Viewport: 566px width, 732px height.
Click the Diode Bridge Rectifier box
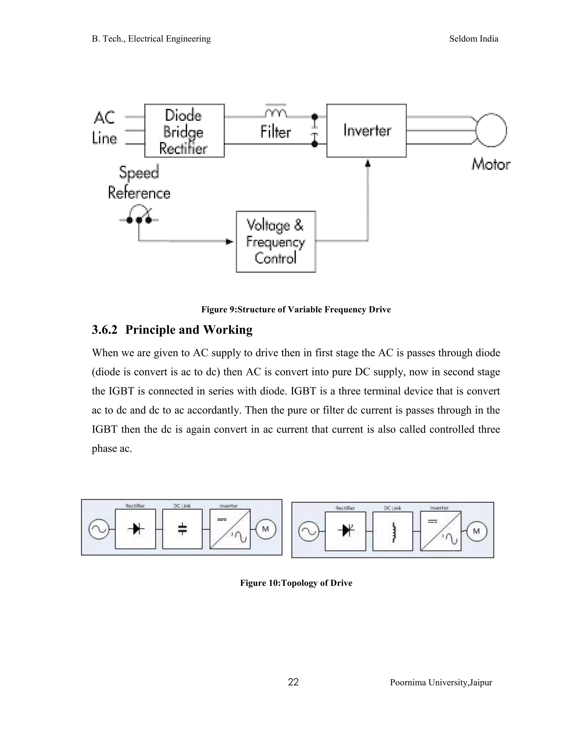click(184, 131)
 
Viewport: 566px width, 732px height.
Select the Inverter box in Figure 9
click(366, 131)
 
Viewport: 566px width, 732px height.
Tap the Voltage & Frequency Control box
click(276, 242)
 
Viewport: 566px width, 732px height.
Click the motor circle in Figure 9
click(491, 130)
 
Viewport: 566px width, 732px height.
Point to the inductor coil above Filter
click(276, 113)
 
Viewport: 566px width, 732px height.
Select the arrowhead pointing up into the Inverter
click(368, 163)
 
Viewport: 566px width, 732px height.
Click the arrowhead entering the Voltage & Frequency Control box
click(230, 242)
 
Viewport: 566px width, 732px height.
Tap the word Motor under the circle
click(491, 165)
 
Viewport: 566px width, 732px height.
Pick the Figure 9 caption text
click(296, 309)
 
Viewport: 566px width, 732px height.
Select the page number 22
click(293, 682)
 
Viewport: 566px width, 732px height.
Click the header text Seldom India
click(473, 39)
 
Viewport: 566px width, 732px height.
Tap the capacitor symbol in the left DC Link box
click(182, 529)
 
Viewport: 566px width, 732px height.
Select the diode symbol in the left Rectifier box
click(136, 529)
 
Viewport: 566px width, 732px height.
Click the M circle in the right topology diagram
click(476, 531)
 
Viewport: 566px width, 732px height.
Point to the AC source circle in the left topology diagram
click(99, 529)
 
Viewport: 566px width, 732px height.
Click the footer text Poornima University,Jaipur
click(441, 683)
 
